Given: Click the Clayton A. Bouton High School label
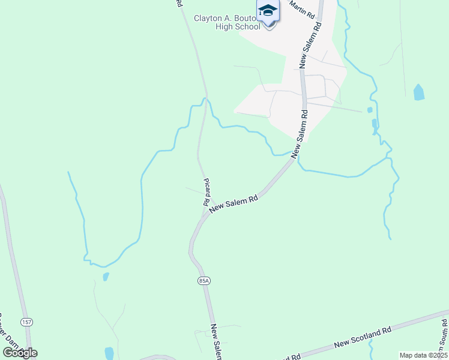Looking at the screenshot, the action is click(227, 22).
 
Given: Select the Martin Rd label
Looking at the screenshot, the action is click(302, 8).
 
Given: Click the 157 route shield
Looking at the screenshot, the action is click(26, 322).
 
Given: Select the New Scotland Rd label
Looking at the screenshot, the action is click(363, 337).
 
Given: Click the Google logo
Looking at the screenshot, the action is click(20, 353).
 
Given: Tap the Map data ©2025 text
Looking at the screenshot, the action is click(423, 355).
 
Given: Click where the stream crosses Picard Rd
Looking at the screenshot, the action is click(205, 102).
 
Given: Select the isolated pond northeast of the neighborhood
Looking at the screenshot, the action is click(419, 92).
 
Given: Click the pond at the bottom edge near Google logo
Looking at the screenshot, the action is click(109, 353).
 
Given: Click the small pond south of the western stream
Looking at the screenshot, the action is click(106, 277).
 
